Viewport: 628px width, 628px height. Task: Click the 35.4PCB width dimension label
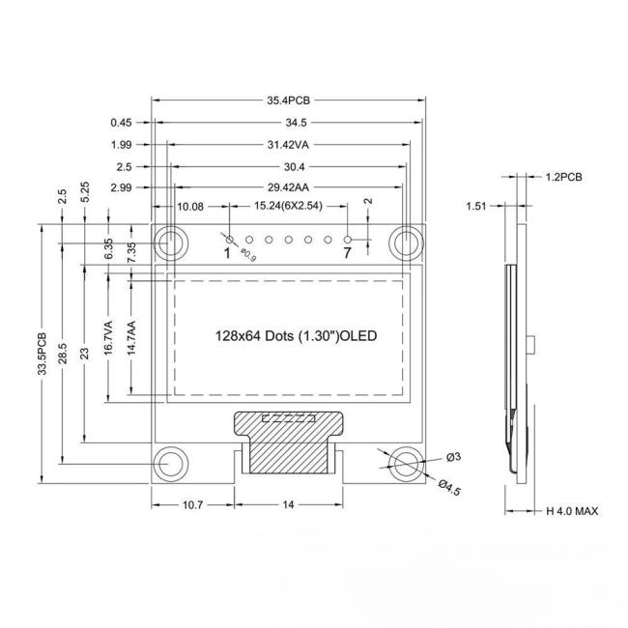pos(288,100)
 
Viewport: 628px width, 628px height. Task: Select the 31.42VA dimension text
pos(288,145)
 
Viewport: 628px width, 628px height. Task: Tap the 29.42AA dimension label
pos(288,187)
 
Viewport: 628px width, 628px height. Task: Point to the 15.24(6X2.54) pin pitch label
pos(287,207)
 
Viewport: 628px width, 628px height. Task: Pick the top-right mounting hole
pos(405,240)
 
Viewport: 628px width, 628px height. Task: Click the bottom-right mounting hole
pos(405,463)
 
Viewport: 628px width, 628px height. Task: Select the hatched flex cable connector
pos(289,439)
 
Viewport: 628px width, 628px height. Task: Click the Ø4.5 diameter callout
pos(450,488)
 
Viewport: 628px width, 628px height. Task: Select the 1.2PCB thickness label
pos(563,177)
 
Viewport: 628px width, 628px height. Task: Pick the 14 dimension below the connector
pos(288,505)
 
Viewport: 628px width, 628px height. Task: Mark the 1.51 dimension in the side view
pos(475,206)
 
